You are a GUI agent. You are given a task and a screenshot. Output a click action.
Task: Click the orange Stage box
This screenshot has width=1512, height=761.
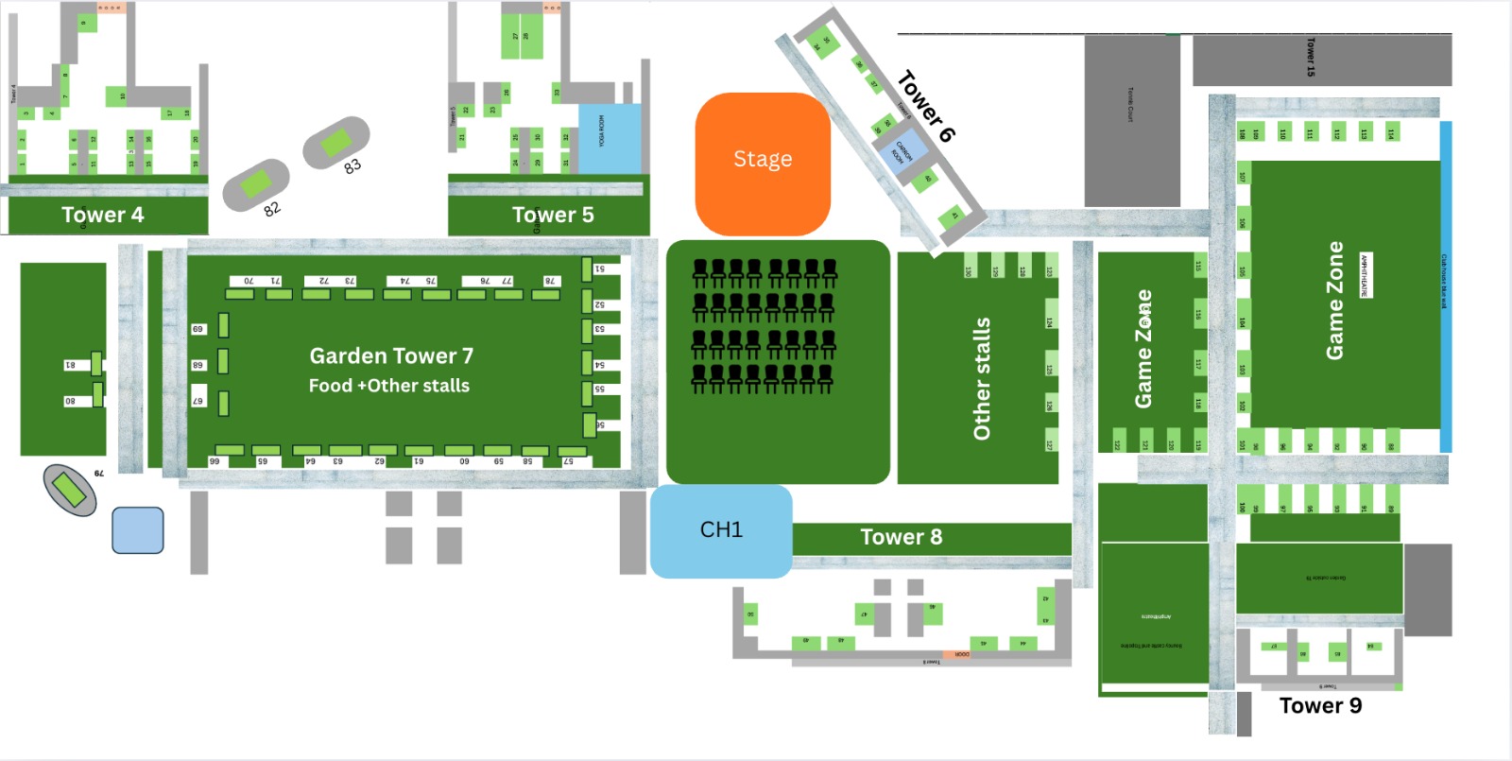point(763,163)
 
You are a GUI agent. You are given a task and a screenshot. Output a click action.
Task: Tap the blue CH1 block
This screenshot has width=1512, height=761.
point(720,530)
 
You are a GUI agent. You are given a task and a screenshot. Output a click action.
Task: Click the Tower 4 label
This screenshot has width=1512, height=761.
point(102,216)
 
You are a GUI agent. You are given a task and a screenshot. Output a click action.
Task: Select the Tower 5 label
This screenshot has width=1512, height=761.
point(553,216)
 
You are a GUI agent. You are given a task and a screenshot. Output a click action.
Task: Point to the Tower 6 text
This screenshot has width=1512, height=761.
point(925,106)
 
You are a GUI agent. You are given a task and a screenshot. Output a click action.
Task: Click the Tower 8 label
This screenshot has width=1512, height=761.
point(901,538)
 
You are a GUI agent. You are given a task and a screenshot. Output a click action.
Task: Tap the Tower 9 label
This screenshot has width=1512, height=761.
point(1320,706)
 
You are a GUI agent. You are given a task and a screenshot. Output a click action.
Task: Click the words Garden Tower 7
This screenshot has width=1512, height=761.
point(391,356)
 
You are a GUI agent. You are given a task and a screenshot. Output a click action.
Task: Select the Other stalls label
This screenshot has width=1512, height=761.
point(982,378)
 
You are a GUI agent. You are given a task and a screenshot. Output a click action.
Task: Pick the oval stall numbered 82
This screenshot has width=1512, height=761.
point(255,184)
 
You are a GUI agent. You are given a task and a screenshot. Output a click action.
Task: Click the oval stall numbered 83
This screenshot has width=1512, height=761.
point(335,144)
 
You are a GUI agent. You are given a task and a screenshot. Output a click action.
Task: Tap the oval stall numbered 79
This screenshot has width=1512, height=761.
point(69,490)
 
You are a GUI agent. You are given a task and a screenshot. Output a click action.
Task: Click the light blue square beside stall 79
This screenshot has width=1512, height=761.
point(138,530)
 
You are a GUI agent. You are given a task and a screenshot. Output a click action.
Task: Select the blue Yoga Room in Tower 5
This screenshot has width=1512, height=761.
point(609,138)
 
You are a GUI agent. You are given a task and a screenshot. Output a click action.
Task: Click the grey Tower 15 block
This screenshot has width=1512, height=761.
point(1321,60)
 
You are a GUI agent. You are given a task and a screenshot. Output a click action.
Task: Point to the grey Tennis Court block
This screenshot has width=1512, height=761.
point(1131,120)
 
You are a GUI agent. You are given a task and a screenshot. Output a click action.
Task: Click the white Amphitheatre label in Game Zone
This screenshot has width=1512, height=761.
point(1365,275)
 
